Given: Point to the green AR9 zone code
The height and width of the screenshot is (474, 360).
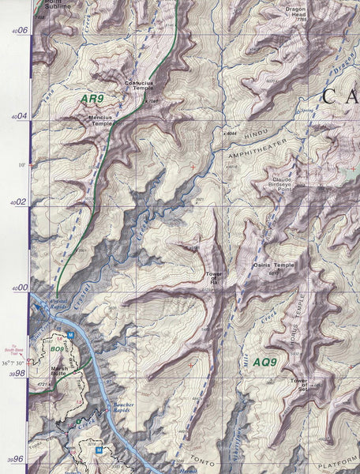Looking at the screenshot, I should click(x=92, y=100).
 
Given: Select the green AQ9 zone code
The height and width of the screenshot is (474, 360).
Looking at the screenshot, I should click(x=265, y=363).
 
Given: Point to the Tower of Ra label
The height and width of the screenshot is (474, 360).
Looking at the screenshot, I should click(x=212, y=278).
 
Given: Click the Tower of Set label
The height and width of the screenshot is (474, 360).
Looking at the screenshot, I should click(x=298, y=385).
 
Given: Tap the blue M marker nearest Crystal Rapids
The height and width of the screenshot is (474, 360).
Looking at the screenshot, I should click(x=70, y=335).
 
